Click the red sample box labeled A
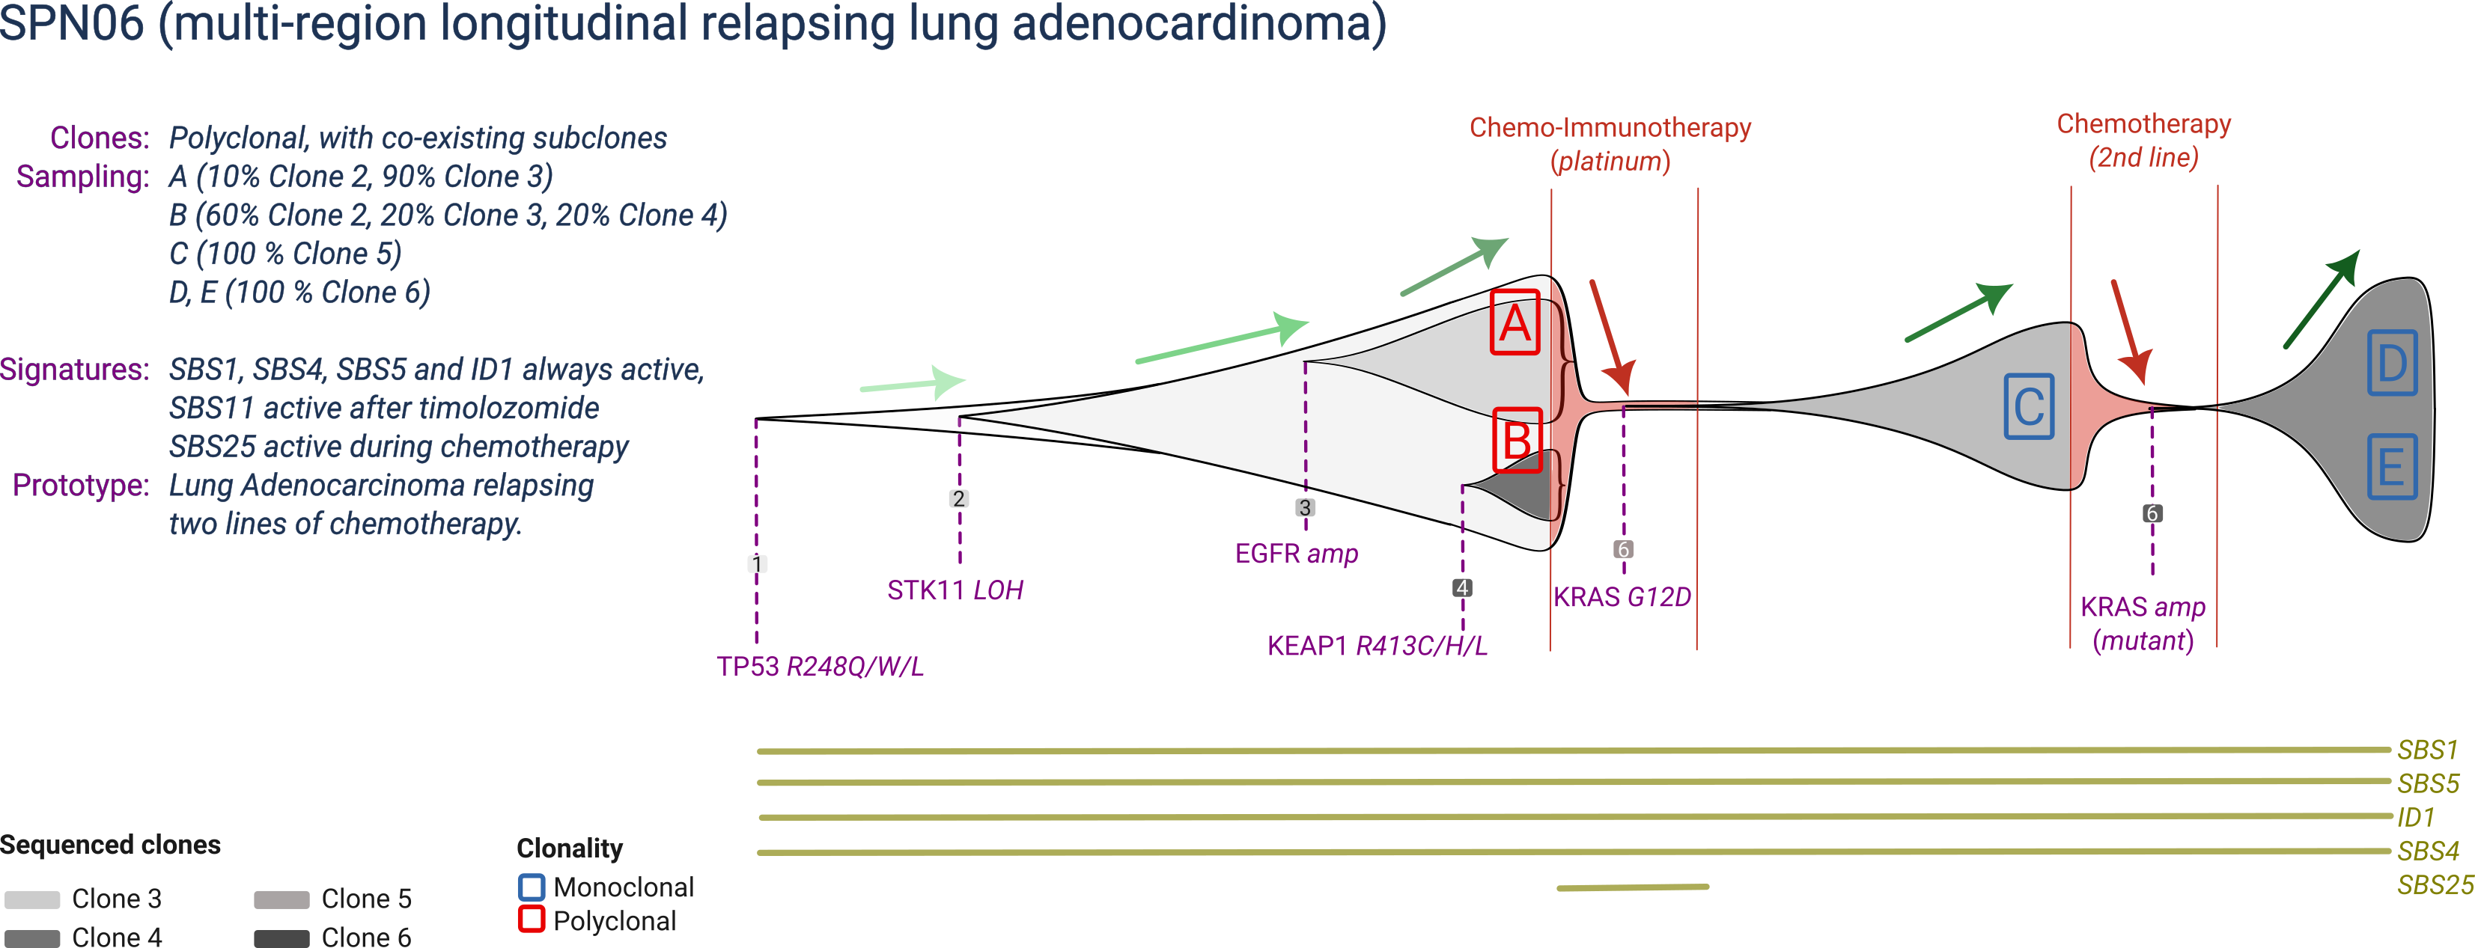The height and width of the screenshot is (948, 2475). (1515, 322)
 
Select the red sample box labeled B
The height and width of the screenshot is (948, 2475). (1517, 441)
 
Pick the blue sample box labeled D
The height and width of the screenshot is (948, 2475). (2391, 362)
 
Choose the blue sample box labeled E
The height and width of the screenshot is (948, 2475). (2391, 467)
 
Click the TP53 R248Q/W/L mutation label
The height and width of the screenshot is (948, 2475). (820, 667)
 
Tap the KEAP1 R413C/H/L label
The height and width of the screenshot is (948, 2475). (1377, 646)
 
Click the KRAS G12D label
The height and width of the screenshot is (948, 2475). (1622, 597)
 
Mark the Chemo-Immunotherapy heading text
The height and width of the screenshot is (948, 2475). (1610, 128)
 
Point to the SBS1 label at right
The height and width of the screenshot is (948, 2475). (2426, 749)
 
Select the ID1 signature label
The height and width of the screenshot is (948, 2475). (2415, 817)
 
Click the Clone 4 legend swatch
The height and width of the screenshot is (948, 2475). (31, 938)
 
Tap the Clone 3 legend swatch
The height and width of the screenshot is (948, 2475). (31, 899)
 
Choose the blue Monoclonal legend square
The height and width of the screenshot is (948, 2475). (532, 887)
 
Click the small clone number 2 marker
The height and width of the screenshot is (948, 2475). (958, 498)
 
